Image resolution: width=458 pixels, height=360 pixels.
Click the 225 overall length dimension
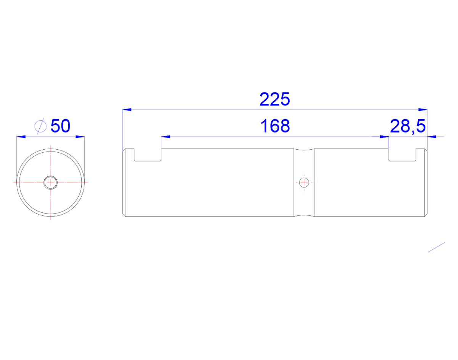[x=274, y=99]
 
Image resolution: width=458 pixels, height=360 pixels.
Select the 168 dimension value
[x=275, y=126]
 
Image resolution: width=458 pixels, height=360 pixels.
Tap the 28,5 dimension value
[x=408, y=126]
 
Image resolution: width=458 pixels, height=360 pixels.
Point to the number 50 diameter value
[x=60, y=126]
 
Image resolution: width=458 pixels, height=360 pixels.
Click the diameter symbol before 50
[x=40, y=126]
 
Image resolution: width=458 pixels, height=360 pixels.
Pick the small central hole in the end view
[x=50, y=182]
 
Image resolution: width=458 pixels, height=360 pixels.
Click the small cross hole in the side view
[x=304, y=182]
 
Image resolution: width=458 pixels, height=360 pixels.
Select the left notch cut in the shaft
[x=148, y=155]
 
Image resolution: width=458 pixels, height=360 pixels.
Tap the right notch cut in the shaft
[x=402, y=155]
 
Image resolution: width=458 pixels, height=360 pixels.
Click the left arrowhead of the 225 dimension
[x=127, y=110]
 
